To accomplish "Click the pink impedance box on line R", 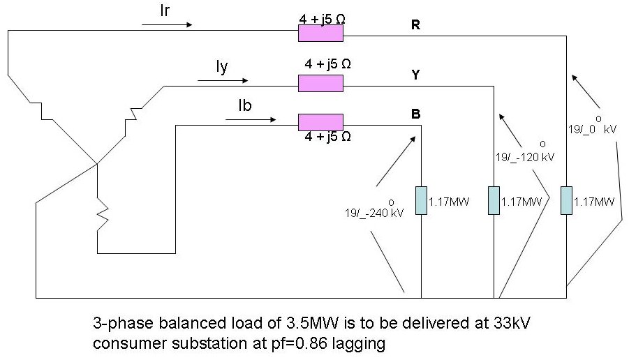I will tap(320, 33).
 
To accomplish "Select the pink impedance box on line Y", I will tap(320, 84).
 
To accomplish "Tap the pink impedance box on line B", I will tap(320, 121).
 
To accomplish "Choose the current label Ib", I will tap(245, 105).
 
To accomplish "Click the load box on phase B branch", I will tap(421, 200).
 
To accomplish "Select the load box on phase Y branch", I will tap(494, 200).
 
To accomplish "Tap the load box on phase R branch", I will tap(566, 200).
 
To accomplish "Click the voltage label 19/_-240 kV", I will tap(374, 210).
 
